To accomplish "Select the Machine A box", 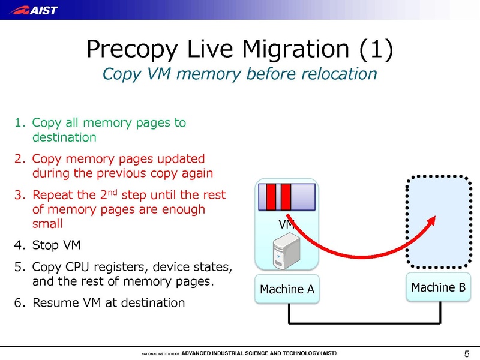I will pos(287,289).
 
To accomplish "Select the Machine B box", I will pos(438,287).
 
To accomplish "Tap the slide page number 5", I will pos(467,352).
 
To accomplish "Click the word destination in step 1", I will pos(64,137).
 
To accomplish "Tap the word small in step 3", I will pos(47,223).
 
